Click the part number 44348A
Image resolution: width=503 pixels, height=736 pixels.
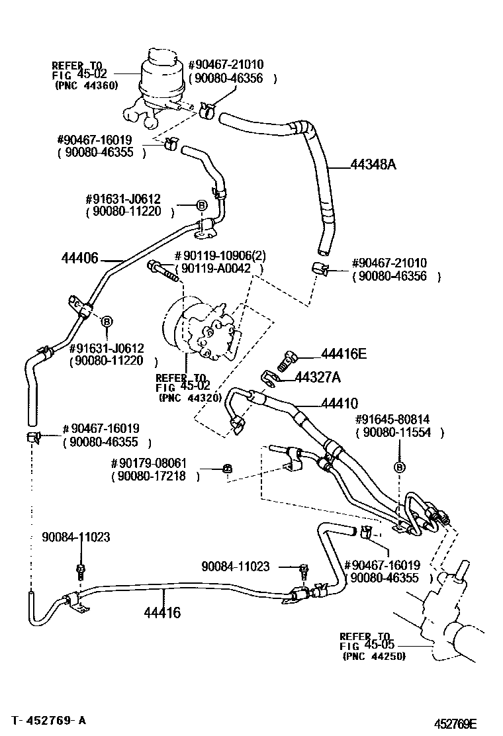[x=364, y=165]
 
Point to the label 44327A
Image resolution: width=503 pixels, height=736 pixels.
[x=318, y=377]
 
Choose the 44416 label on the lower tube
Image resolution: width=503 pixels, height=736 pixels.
[x=162, y=612]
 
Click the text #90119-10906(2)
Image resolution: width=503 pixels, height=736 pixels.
[x=219, y=256]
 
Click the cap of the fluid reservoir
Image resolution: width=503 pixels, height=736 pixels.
[x=164, y=56]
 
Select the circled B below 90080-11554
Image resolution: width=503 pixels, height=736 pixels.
[x=399, y=467]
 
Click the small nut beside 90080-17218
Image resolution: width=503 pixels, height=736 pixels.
[x=226, y=469]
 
